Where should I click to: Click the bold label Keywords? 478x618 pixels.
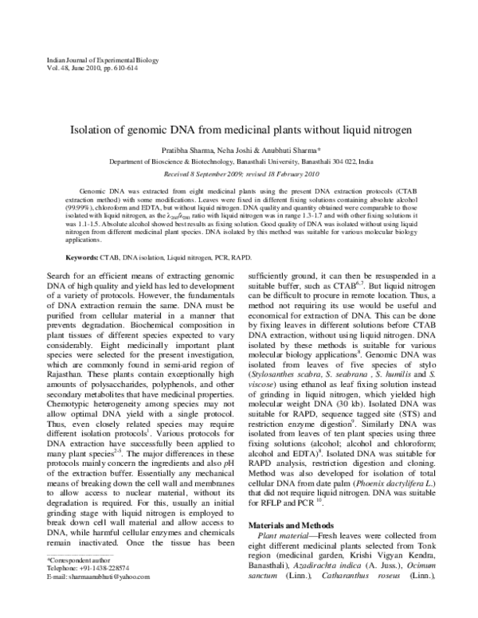(82, 259)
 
